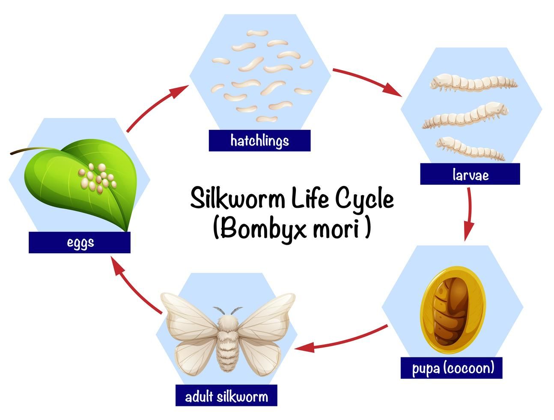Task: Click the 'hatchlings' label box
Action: (259, 141)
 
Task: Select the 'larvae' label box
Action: (470, 174)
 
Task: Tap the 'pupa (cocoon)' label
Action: (451, 368)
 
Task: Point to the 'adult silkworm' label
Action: (226, 396)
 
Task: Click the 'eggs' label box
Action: (80, 243)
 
